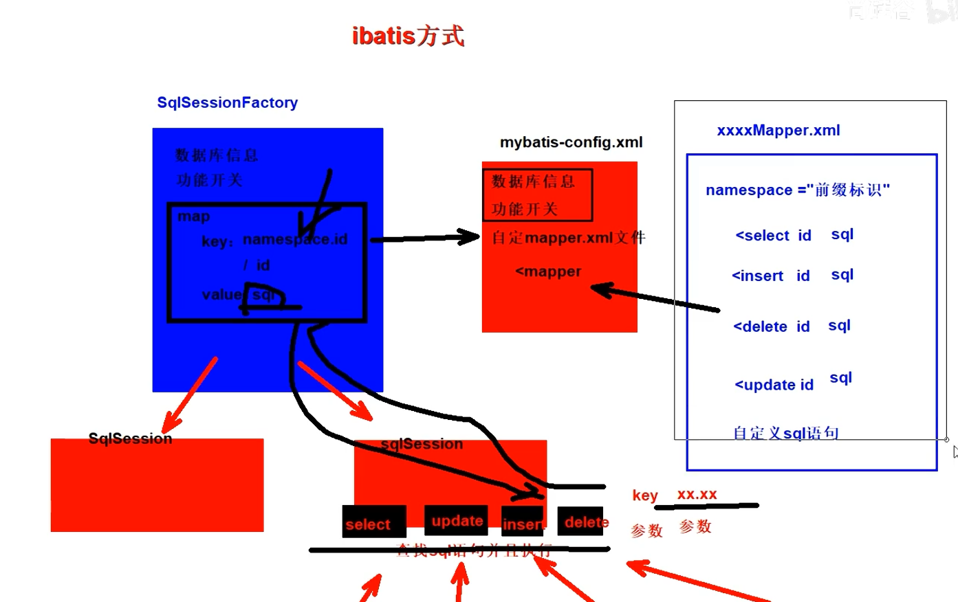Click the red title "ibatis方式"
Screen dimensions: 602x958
click(408, 36)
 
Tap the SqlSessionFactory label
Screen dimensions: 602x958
click(227, 102)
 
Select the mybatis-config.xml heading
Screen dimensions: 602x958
click(571, 142)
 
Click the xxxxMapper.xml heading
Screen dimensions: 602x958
click(778, 131)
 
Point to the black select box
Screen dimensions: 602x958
click(373, 522)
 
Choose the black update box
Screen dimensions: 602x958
click(456, 520)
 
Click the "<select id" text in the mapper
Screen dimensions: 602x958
click(773, 236)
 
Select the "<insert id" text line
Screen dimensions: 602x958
click(770, 276)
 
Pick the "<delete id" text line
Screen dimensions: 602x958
click(771, 327)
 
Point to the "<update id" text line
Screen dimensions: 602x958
click(774, 385)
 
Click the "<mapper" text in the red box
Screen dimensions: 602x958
click(548, 271)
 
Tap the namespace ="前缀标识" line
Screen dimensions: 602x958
click(797, 190)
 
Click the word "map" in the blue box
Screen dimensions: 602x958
click(194, 216)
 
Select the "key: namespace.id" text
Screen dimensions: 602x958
click(274, 240)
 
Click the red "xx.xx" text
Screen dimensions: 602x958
click(697, 494)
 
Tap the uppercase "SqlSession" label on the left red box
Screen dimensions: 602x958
click(130, 438)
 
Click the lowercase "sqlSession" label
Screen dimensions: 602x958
click(422, 444)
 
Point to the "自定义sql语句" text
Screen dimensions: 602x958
click(785, 433)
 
